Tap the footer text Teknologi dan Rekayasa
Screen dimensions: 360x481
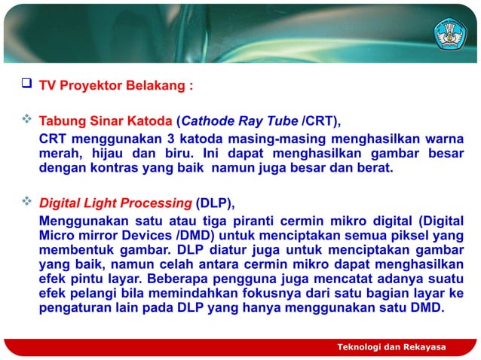[391, 346]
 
